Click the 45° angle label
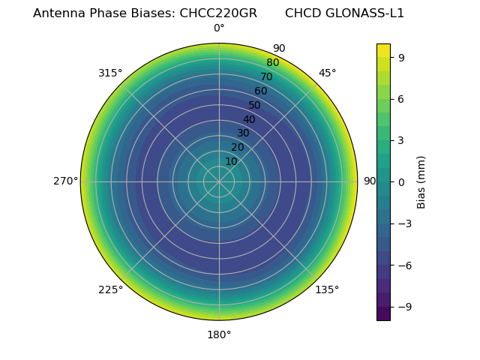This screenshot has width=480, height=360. click(327, 73)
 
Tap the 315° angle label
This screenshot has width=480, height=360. click(110, 73)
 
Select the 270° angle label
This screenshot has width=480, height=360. click(66, 181)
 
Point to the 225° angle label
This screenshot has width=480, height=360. click(110, 290)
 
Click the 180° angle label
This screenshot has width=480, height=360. click(219, 334)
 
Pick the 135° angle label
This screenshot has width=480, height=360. click(327, 290)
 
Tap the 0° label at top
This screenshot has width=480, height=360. click(219, 28)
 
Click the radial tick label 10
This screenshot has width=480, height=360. click(231, 161)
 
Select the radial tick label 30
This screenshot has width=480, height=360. click(243, 133)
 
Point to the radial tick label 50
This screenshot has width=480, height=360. click(255, 105)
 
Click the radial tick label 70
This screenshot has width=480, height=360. click(266, 76)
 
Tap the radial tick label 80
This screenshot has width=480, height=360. click(272, 63)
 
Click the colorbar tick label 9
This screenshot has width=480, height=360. click(401, 57)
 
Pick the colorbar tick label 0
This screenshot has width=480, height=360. click(401, 181)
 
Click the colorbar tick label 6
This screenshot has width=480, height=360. click(401, 99)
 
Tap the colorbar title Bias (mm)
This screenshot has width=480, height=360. click(421, 181)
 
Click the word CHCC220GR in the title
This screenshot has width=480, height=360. click(218, 13)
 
